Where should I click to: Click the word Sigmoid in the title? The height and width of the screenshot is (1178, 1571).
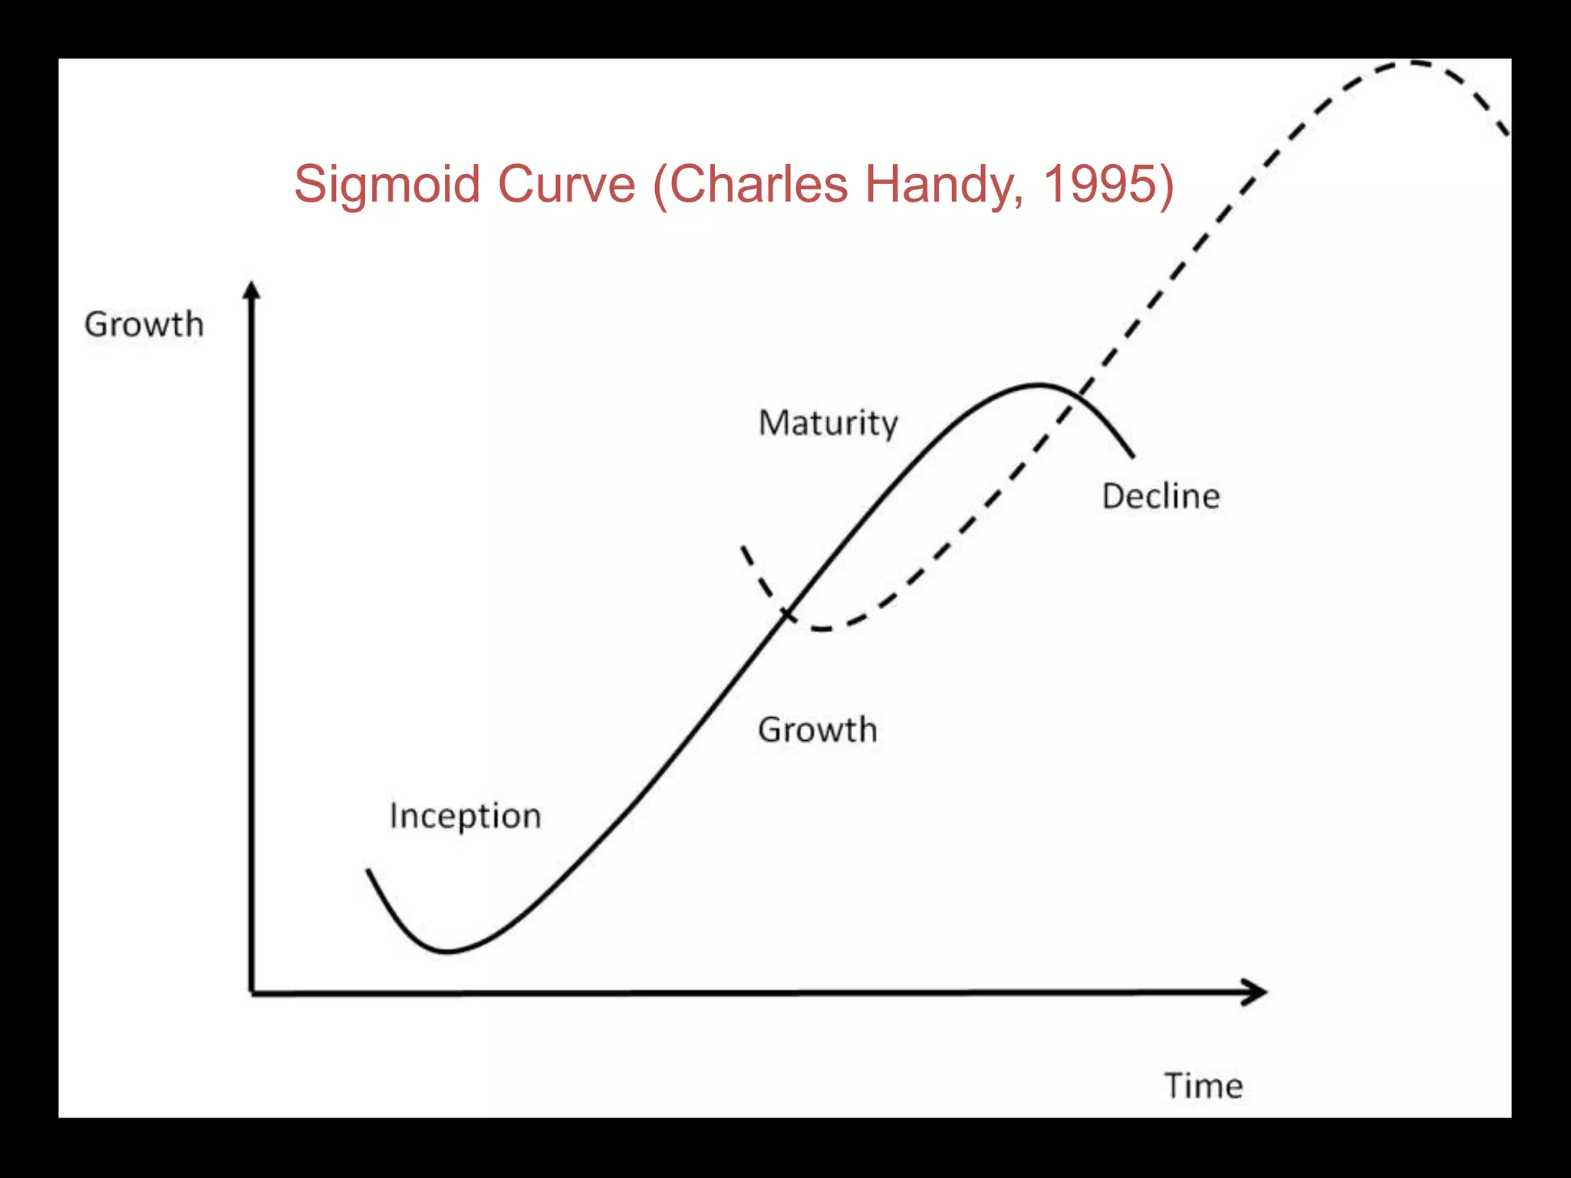[x=387, y=185]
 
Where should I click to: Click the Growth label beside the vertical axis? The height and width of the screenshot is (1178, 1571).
[x=144, y=324]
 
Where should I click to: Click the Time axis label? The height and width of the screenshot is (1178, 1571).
[x=1204, y=1086]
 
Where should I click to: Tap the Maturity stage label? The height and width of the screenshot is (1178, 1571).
[x=828, y=423]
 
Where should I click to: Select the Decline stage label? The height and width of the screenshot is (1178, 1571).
[x=1161, y=496]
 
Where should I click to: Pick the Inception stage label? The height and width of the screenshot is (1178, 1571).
[x=465, y=815]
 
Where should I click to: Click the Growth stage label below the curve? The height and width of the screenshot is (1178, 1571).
[x=818, y=729]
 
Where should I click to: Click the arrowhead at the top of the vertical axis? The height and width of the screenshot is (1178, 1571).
[x=252, y=290]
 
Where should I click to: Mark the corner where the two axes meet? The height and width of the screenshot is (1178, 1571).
[x=252, y=993]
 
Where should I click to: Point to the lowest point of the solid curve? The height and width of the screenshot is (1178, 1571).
[x=448, y=952]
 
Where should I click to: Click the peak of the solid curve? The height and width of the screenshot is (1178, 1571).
[x=1039, y=384]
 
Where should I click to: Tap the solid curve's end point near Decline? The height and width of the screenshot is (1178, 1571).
[x=1133, y=456]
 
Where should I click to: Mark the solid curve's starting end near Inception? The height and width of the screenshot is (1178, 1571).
[x=368, y=870]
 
